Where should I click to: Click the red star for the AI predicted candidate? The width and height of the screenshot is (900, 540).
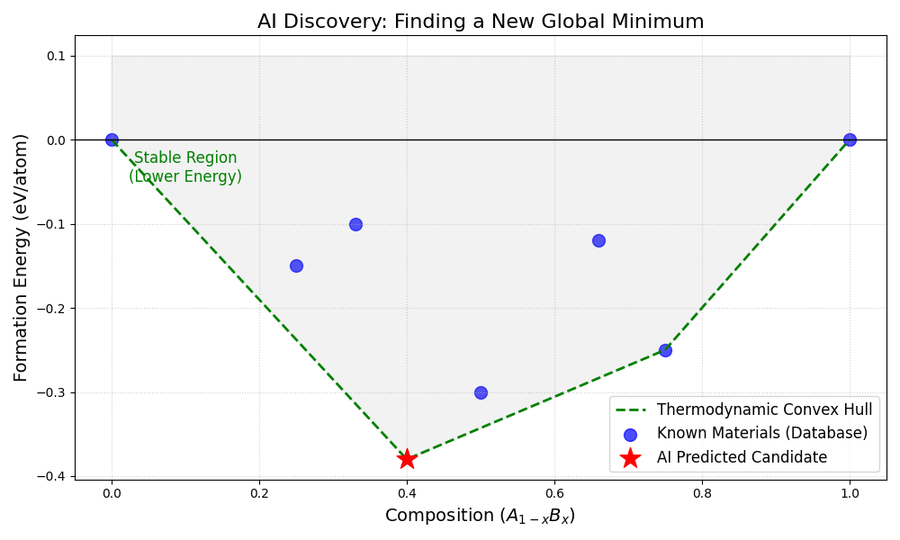(407, 459)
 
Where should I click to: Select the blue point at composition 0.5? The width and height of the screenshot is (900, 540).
(481, 392)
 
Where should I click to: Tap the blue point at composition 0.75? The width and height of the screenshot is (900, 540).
(665, 350)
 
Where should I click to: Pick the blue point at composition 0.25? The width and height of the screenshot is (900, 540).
(296, 265)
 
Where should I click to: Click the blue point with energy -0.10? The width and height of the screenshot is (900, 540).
(355, 224)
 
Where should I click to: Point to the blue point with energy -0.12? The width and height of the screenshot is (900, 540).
(598, 240)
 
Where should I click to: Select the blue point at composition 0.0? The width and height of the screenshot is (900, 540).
(112, 139)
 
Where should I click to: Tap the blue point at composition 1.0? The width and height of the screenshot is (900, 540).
(850, 139)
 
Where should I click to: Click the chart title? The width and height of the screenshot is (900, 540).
(481, 22)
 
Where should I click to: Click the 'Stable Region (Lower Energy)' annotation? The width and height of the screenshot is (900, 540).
(185, 167)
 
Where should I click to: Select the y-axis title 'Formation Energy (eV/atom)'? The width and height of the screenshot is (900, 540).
(22, 257)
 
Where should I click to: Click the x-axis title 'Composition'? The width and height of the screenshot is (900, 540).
(480, 516)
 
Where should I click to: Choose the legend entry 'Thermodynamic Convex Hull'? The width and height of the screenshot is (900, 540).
(764, 409)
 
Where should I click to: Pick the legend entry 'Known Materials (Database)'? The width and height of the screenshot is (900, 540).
(762, 433)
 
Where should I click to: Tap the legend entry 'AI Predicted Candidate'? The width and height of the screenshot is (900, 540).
(742, 457)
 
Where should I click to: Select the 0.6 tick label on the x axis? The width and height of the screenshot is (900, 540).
(554, 493)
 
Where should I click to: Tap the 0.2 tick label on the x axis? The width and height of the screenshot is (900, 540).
(259, 493)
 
